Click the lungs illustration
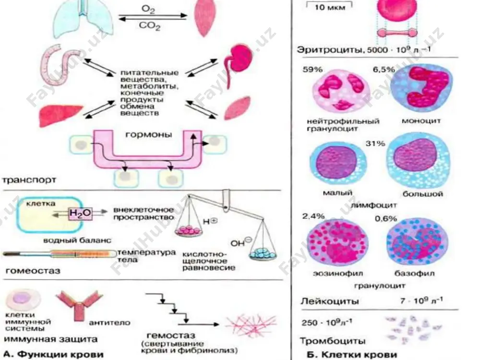[83, 17]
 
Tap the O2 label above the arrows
[148, 9]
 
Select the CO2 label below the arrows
[150, 26]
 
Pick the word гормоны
[149, 135]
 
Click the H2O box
[81, 213]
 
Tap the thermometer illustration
[60, 254]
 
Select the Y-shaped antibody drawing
[80, 306]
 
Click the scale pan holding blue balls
[263, 254]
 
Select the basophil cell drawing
[417, 243]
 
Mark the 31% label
[375, 143]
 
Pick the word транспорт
[29, 180]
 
